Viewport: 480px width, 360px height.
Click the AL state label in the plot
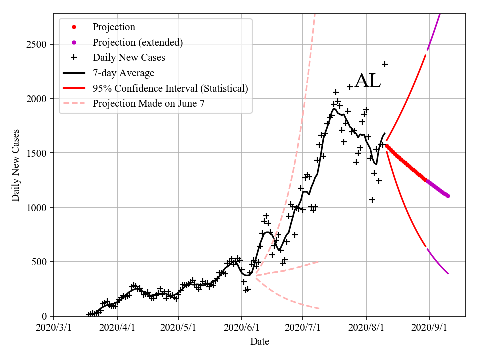[368, 81]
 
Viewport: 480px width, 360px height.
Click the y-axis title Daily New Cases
[16, 165]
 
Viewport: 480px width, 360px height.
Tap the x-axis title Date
[260, 342]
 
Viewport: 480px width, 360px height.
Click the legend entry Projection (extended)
[137, 42]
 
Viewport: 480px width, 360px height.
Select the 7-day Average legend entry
[123, 73]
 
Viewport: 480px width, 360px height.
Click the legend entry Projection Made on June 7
[148, 104]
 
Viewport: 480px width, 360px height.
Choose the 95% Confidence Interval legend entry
[170, 89]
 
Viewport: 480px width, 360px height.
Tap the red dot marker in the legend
[74, 27]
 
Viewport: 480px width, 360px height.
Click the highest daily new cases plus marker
[385, 64]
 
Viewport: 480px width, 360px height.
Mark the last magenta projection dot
[448, 196]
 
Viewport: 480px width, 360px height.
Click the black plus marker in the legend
[74, 58]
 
